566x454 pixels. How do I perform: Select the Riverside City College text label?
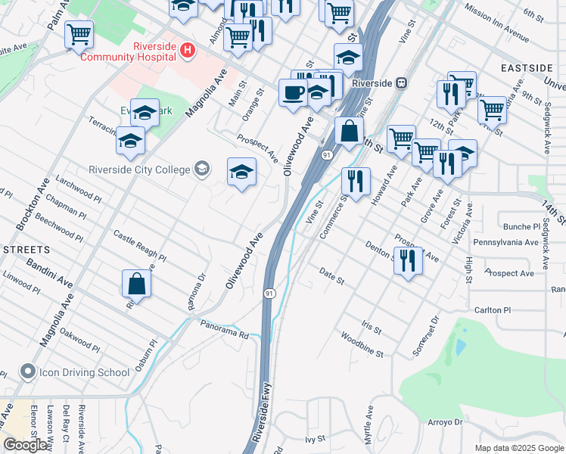(x=138, y=169)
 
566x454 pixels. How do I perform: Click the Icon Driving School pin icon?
(x=28, y=372)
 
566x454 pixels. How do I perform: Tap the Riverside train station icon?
(x=402, y=82)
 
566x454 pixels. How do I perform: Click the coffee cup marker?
(x=294, y=93)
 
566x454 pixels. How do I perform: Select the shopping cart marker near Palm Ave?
(x=79, y=34)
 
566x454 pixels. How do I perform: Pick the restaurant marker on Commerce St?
(x=355, y=182)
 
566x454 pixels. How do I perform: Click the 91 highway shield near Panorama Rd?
(x=269, y=292)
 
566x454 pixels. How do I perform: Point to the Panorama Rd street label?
(x=225, y=328)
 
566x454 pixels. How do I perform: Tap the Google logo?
(x=26, y=445)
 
